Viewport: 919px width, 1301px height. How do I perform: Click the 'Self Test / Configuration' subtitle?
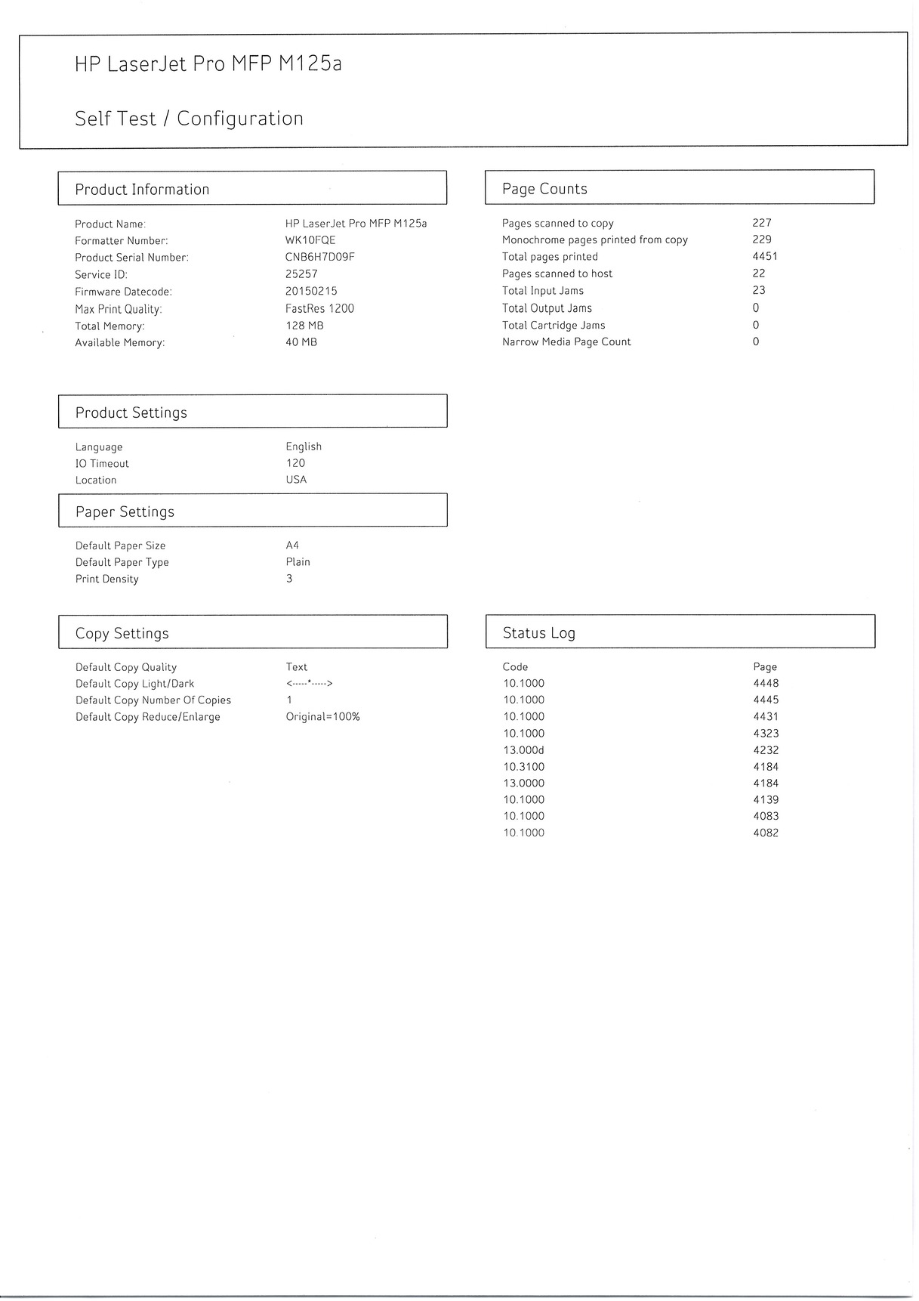coord(189,119)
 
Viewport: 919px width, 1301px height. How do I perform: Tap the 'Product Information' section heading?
coord(142,190)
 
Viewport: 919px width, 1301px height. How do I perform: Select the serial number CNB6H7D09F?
coord(319,257)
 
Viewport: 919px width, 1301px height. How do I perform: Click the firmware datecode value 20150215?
coord(311,291)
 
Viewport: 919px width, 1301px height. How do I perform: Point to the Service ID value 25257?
coord(301,274)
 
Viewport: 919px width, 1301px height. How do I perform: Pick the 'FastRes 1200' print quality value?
coord(319,308)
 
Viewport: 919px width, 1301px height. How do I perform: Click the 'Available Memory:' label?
coord(119,343)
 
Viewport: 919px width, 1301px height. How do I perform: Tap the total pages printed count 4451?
coord(764,256)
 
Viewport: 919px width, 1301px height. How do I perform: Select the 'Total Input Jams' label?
coord(542,291)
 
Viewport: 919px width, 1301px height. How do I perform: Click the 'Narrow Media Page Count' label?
coord(566,342)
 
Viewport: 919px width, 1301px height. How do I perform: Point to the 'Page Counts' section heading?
coord(544,189)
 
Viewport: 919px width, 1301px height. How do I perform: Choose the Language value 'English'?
coord(304,447)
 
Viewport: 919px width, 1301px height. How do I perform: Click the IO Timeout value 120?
coord(295,463)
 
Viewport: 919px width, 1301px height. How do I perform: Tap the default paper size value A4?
coord(292,545)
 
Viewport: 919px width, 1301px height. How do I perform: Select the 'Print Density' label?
coord(106,579)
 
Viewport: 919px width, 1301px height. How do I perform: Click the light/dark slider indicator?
coord(309,684)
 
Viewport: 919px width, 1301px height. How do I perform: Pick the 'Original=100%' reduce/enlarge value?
coord(322,717)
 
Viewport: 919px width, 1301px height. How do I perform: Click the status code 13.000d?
coord(523,750)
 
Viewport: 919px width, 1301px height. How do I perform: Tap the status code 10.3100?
coord(523,767)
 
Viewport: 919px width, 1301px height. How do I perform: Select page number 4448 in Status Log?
coord(766,684)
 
